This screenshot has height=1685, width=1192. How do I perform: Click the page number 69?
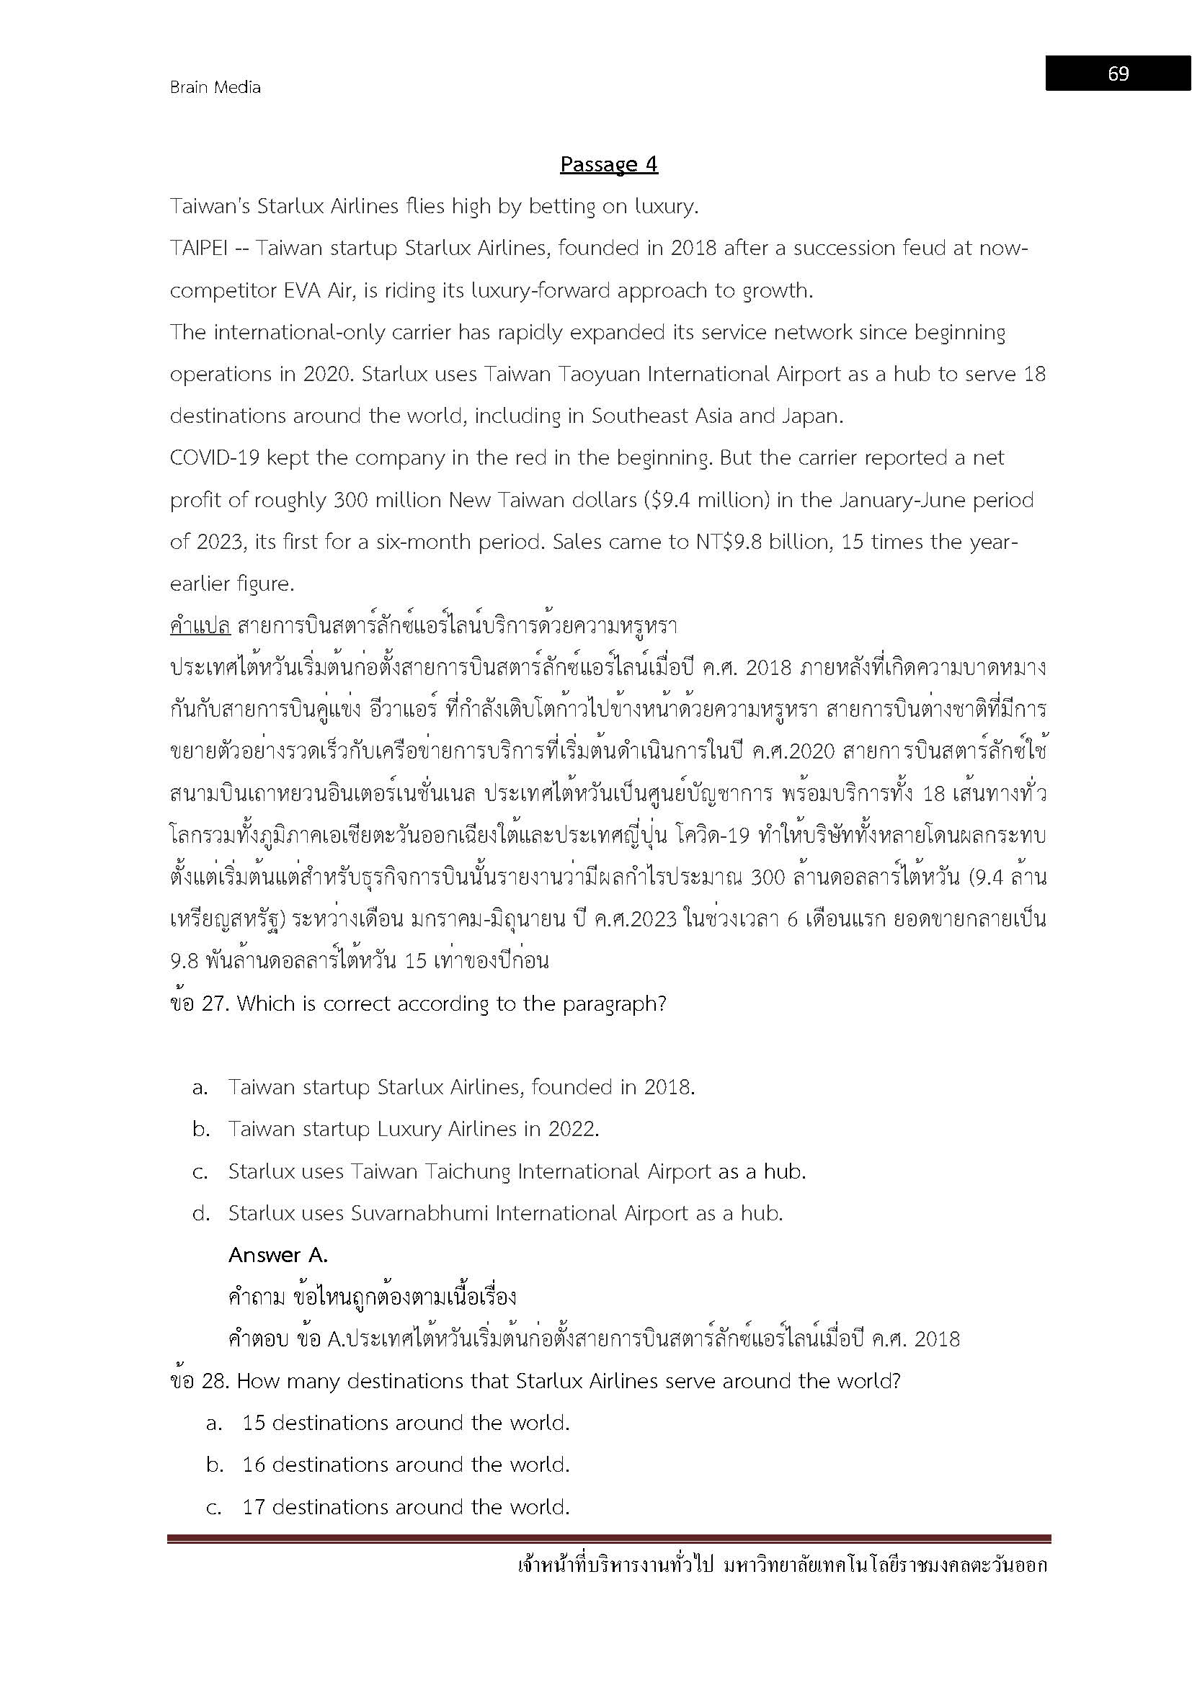point(1118,73)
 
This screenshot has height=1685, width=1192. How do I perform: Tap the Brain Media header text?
point(215,87)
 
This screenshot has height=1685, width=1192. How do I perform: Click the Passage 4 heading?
point(608,164)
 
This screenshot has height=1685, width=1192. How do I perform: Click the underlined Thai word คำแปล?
point(200,626)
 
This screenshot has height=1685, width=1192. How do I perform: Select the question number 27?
point(211,1004)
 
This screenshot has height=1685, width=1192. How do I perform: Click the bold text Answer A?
point(277,1255)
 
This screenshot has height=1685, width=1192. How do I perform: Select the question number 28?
point(212,1381)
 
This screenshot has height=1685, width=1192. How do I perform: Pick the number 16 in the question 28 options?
point(253,1465)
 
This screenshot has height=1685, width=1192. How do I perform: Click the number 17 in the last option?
point(253,1506)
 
